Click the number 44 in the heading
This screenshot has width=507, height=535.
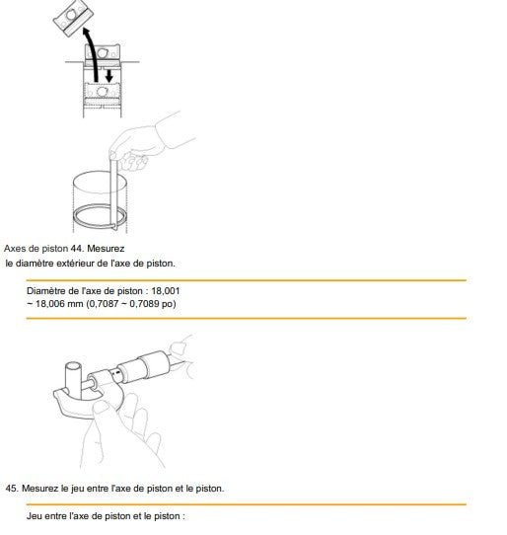point(76,249)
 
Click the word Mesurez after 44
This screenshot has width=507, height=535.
point(106,249)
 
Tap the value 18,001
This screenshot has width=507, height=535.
point(166,291)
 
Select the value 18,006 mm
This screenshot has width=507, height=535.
point(59,303)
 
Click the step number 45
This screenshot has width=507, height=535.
point(11,489)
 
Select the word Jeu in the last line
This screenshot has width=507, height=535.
point(35,516)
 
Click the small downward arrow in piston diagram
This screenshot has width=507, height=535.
point(109,76)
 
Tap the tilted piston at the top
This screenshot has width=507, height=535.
point(73,18)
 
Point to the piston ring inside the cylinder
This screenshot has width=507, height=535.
point(100,217)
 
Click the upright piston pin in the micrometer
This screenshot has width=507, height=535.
point(74,380)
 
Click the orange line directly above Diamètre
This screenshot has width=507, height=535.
point(247,280)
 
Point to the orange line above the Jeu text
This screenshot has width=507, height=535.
point(247,504)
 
